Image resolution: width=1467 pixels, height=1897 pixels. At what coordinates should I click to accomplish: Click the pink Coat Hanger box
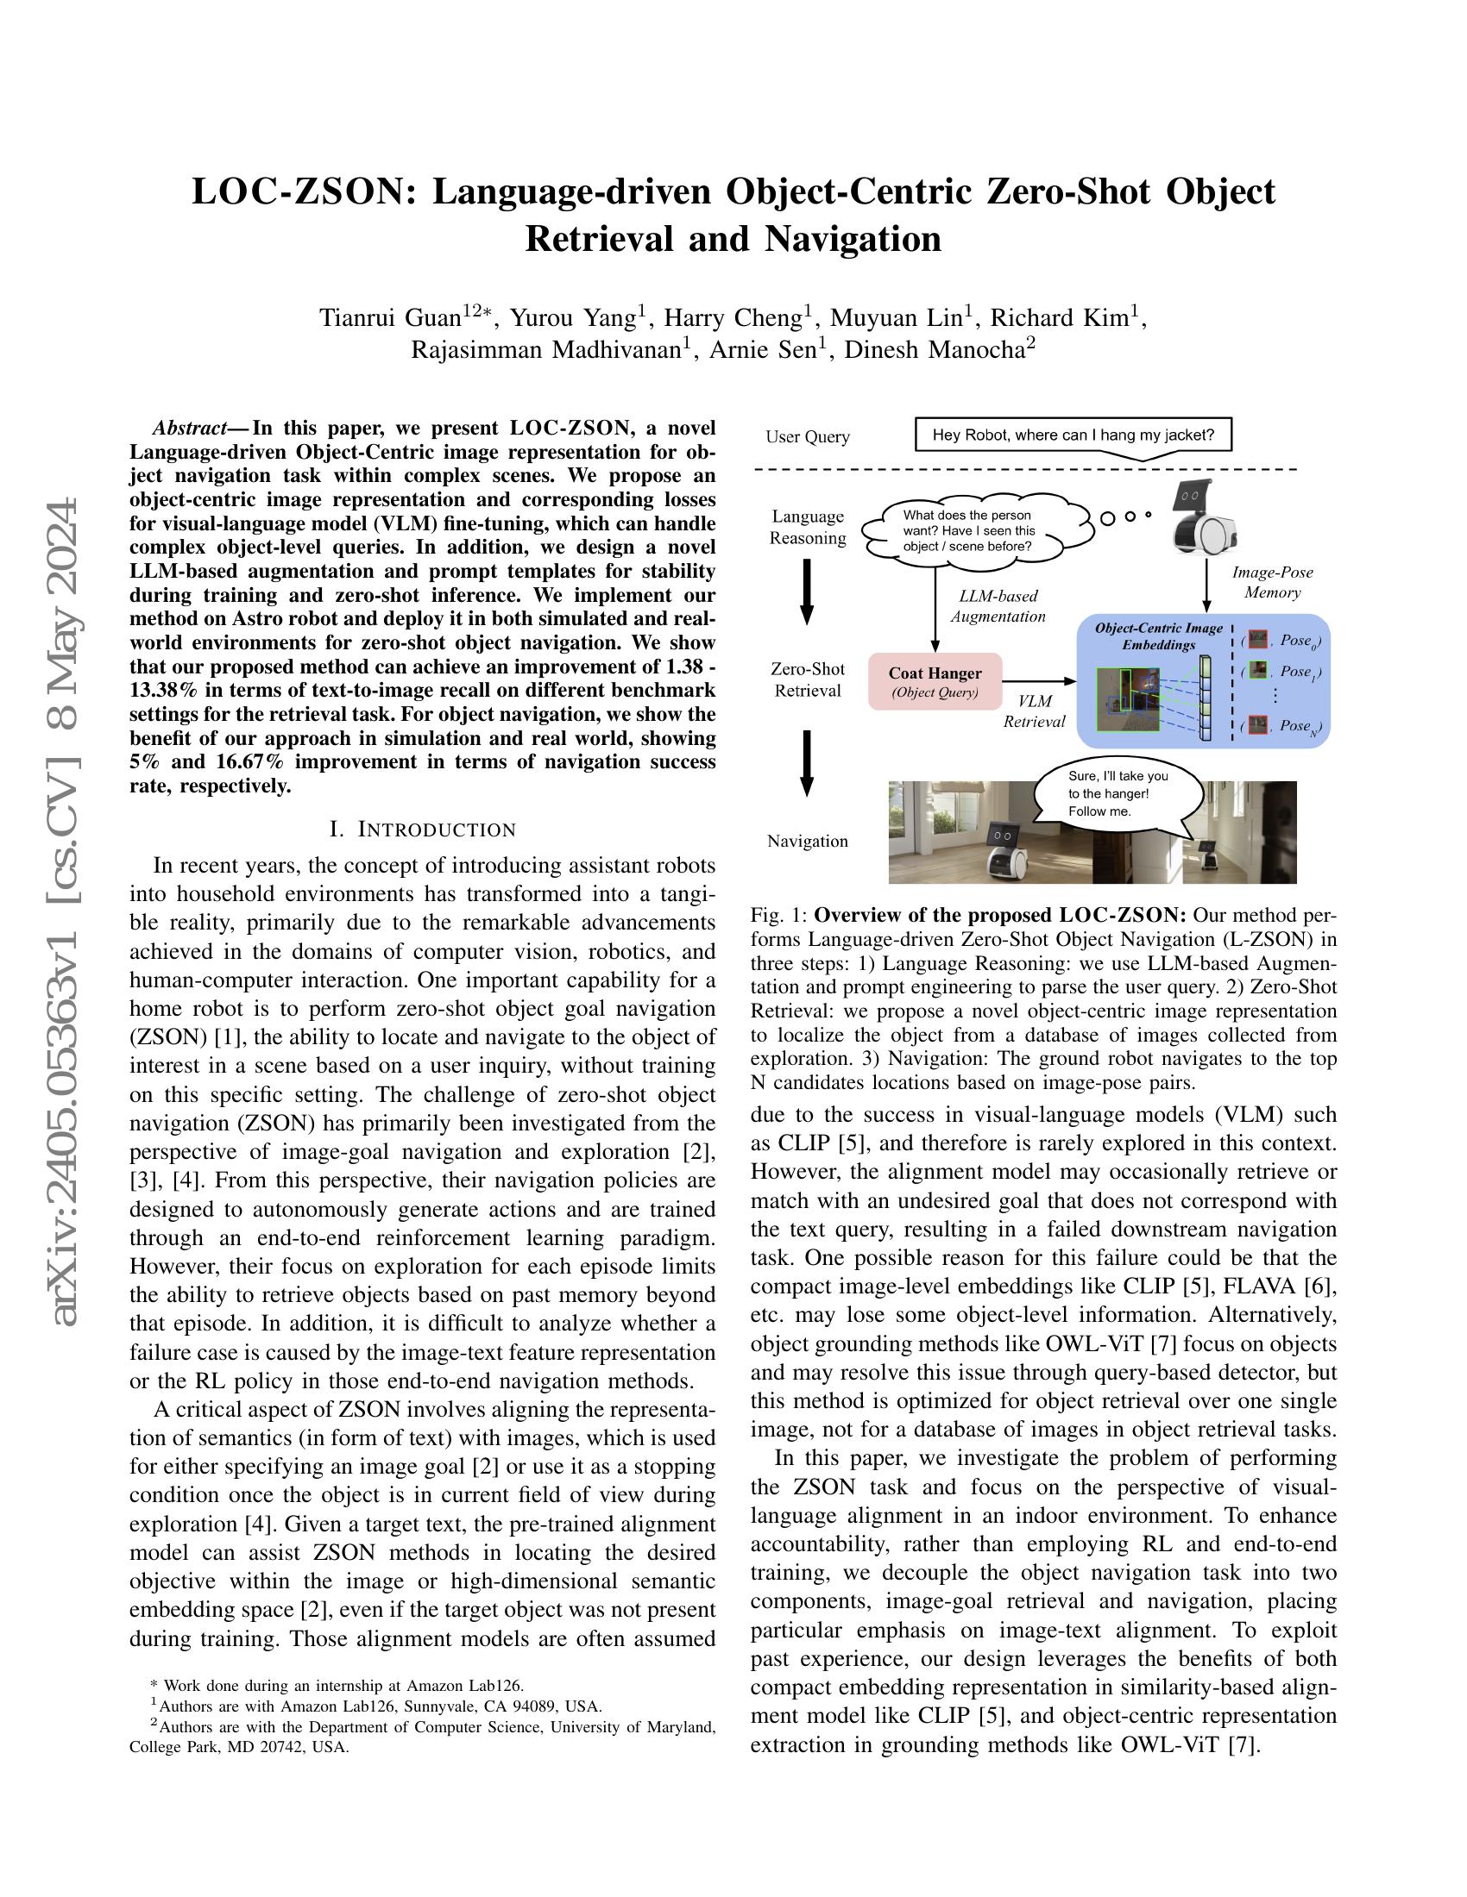tap(935, 682)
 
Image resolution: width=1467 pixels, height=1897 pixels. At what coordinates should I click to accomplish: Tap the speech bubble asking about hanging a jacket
tap(1073, 435)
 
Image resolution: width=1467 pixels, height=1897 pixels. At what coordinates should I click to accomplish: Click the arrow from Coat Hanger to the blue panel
tap(1038, 682)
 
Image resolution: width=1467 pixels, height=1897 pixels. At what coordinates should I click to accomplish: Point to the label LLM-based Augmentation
tap(998, 606)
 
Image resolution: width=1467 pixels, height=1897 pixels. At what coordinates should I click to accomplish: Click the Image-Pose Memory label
tap(1272, 582)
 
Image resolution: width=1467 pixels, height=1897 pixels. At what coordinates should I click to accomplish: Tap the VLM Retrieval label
tap(1034, 711)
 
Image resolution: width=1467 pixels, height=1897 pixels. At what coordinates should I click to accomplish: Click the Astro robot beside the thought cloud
tap(1204, 518)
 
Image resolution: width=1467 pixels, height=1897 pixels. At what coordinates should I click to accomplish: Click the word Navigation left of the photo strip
tap(808, 841)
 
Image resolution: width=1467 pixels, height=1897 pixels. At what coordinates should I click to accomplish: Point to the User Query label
tap(808, 437)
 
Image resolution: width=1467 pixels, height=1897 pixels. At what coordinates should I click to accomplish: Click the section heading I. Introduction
tap(422, 830)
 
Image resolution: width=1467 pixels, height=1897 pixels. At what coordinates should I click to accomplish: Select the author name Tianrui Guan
tap(390, 318)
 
